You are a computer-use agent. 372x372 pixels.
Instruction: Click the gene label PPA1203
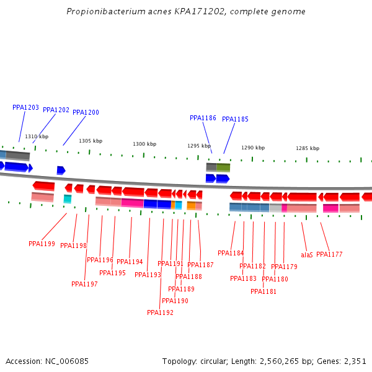click(25, 107)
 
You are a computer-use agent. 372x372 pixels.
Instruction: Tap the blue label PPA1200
click(86, 112)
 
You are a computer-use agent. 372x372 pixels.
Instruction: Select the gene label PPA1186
click(203, 118)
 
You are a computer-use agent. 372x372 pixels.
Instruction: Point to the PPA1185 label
click(235, 119)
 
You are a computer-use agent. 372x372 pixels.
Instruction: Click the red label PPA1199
click(42, 244)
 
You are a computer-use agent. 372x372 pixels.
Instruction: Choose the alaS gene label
click(307, 255)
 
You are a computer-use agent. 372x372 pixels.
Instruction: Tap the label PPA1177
click(329, 254)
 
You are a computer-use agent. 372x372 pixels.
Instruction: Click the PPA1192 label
click(160, 312)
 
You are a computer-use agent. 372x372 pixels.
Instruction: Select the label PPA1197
click(84, 284)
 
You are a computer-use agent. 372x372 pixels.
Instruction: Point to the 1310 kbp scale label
click(37, 136)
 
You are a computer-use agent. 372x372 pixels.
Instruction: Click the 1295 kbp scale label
click(199, 146)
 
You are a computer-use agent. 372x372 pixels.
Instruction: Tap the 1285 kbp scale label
click(308, 148)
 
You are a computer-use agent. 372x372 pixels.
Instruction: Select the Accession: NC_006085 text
click(47, 361)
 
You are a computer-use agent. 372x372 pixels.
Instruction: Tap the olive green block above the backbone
click(223, 167)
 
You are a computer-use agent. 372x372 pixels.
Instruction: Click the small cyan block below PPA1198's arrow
click(68, 198)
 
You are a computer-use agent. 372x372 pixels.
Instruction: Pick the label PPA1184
click(231, 253)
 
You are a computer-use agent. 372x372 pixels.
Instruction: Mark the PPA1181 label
click(263, 291)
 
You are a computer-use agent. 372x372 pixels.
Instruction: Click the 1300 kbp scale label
click(144, 144)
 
